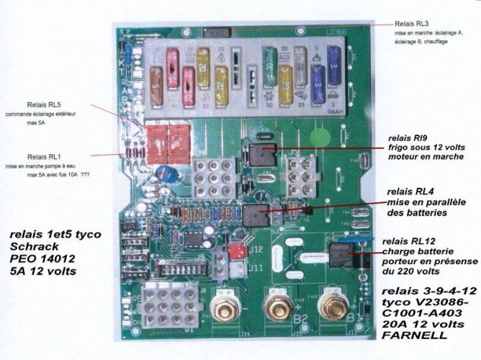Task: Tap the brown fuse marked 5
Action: (x=156, y=76)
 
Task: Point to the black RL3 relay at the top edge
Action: (x=217, y=32)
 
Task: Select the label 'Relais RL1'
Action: (x=45, y=156)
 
